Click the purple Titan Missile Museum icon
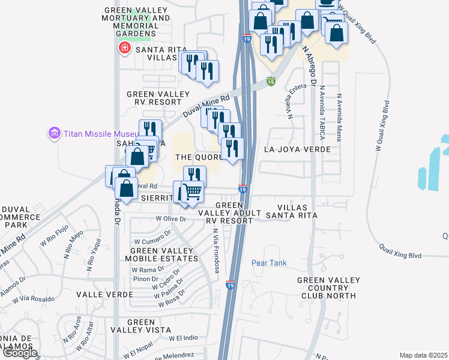coord(54,133)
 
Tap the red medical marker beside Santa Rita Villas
coord(125,48)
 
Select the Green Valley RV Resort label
coord(158,98)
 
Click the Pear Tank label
coord(269,263)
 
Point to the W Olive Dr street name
coord(171,219)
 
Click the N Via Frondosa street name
coord(214,246)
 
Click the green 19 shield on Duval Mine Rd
coord(271,81)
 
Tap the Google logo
coord(19,353)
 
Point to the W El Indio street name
coord(184,338)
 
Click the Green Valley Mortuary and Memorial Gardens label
coord(137,19)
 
